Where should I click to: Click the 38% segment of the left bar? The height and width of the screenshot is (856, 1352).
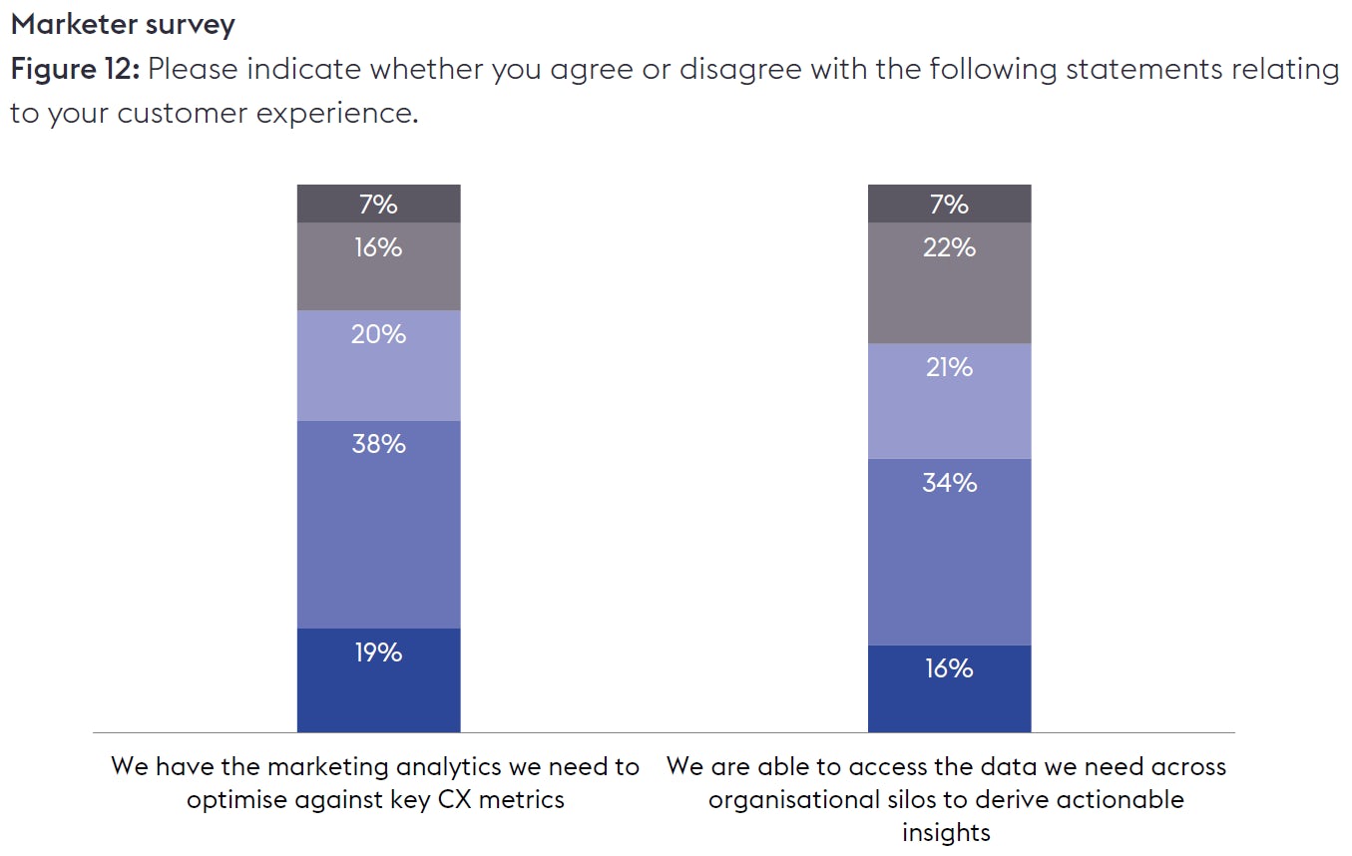pos(378,524)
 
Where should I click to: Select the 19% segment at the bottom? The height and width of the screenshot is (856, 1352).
pos(378,679)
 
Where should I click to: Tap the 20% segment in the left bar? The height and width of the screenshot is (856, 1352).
pos(378,365)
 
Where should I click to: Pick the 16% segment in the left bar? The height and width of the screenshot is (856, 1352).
pos(378,266)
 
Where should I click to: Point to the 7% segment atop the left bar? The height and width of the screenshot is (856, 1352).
pos(378,204)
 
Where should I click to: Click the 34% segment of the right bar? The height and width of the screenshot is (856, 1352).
pos(949,551)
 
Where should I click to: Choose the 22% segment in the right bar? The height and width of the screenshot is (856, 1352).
pos(949,282)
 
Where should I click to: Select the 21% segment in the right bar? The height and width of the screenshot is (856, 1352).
pos(949,400)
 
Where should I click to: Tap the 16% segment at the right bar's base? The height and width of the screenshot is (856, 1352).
pos(949,688)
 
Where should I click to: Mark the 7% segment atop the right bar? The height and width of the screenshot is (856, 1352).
pos(949,204)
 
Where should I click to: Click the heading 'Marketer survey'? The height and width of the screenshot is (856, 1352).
pos(123,24)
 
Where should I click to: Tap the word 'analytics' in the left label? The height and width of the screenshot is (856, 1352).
pos(454,766)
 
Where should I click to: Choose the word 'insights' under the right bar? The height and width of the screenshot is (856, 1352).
pos(946,832)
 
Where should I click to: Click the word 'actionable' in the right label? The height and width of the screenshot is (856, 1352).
pos(1121,799)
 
